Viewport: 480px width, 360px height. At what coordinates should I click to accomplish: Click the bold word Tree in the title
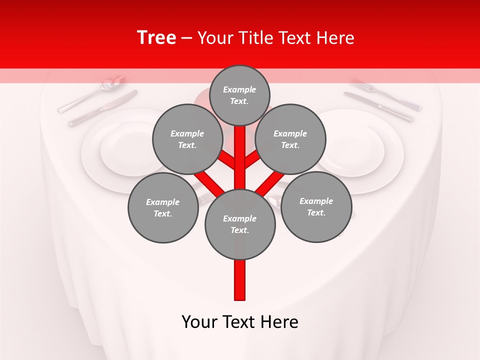click(x=156, y=37)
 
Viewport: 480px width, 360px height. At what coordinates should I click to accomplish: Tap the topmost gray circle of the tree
click(x=239, y=95)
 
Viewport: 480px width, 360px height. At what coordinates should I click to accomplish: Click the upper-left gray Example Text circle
click(x=187, y=139)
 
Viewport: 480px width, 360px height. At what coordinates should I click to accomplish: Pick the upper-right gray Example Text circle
click(x=290, y=139)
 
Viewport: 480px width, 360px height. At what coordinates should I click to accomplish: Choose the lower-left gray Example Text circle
click(x=162, y=207)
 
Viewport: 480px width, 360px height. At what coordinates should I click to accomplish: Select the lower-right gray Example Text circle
click(x=316, y=206)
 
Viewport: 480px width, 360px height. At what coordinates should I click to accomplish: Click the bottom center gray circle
click(x=240, y=224)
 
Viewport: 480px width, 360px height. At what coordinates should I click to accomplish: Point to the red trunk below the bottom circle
click(x=240, y=280)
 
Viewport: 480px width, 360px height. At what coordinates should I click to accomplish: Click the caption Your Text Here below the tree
click(x=240, y=322)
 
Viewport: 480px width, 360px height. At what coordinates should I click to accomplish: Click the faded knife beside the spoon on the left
click(x=102, y=108)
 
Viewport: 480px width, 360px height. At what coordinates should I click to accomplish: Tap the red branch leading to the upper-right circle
click(x=253, y=160)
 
